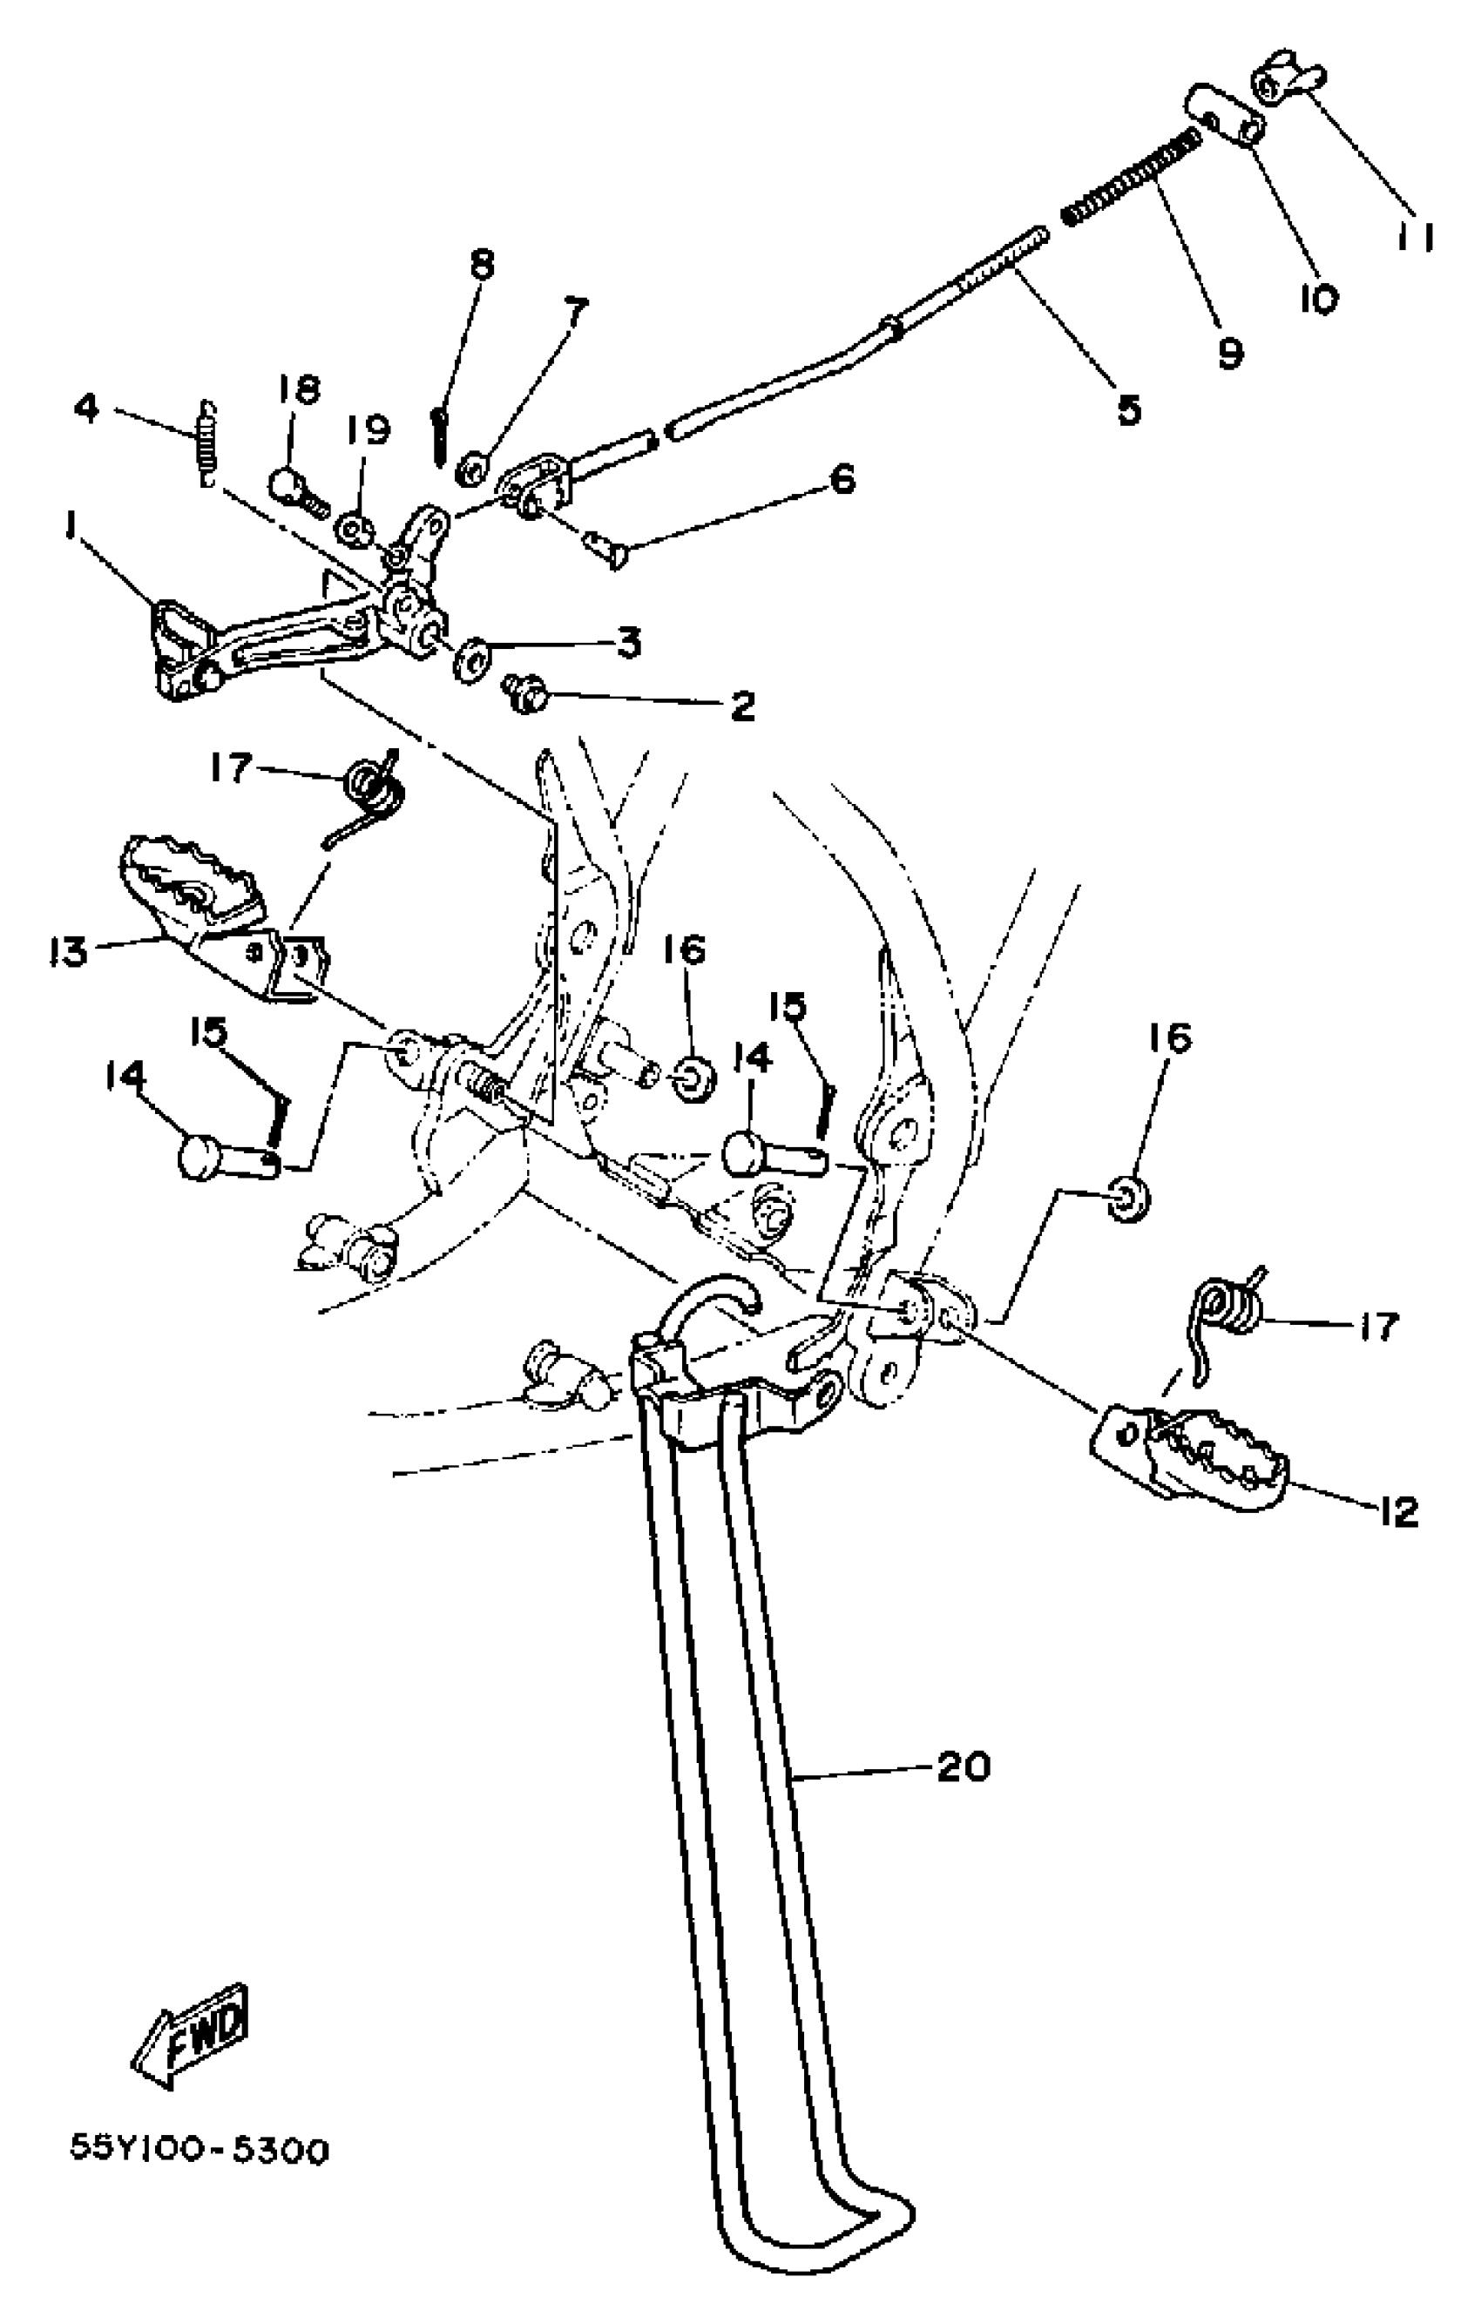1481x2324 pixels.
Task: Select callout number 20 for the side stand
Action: click(963, 1767)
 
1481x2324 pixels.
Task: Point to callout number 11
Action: click(1415, 235)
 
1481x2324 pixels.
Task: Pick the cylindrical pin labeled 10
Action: click(1224, 114)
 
